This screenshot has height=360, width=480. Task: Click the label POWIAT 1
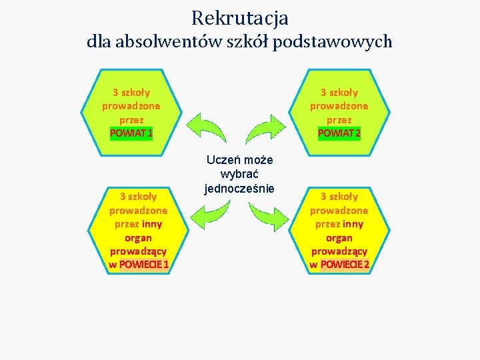(x=131, y=133)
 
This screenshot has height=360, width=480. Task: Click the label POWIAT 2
(x=339, y=133)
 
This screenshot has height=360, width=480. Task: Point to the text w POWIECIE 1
(x=139, y=265)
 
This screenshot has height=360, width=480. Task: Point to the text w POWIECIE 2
(x=339, y=265)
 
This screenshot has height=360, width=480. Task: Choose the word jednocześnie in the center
(x=239, y=188)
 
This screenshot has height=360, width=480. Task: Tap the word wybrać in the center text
(x=239, y=174)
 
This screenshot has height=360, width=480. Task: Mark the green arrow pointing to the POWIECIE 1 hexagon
(x=210, y=213)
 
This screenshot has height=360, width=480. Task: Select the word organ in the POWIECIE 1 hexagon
(x=138, y=237)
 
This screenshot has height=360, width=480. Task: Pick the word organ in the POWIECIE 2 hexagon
(x=339, y=237)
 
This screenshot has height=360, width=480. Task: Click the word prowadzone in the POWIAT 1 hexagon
(x=131, y=106)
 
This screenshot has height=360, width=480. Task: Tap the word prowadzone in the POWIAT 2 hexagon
(x=339, y=106)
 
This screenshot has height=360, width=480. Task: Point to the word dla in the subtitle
(x=99, y=41)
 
